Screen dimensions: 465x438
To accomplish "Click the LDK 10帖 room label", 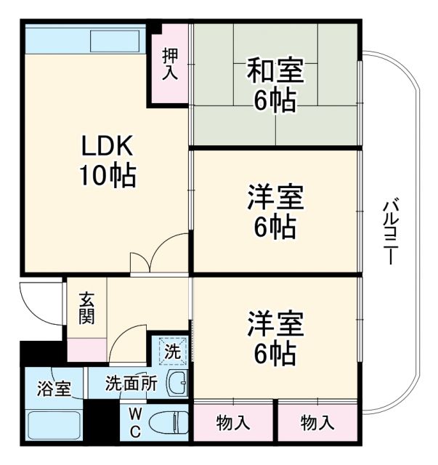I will click(x=106, y=161).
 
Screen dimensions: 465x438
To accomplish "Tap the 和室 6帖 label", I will click(x=275, y=86).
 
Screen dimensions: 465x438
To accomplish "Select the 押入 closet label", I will click(x=169, y=64).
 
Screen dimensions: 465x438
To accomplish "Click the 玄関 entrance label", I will click(x=86, y=308).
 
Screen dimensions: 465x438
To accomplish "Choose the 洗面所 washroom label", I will click(x=131, y=383).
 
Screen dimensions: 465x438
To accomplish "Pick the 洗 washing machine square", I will click(x=171, y=352).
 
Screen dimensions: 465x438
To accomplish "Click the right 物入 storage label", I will click(x=317, y=421).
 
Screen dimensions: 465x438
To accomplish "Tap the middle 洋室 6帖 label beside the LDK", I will click(x=275, y=212).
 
